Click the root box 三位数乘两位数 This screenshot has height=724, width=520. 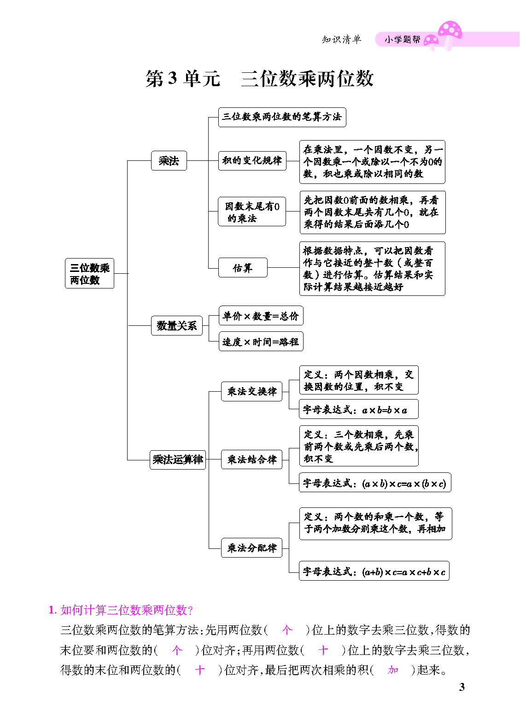89,273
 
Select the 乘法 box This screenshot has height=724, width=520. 169,161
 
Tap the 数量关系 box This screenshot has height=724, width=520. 177,325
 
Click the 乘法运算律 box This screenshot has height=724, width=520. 178,459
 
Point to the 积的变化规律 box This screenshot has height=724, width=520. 252,161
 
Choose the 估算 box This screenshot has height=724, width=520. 243,268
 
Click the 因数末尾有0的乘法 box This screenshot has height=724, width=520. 252,212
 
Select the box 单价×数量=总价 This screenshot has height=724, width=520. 261,316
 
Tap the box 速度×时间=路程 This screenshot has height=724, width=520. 261,341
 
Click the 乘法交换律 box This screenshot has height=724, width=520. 251,391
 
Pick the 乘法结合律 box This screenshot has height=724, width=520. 251,459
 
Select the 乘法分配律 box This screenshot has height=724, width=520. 251,548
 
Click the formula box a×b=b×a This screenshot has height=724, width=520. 359,409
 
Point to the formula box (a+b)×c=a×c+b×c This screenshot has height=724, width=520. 374,571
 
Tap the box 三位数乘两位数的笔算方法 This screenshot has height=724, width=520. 282,117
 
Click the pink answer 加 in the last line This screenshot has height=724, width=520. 393,670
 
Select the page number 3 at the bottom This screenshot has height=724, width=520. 462,687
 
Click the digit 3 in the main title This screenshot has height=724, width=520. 172,78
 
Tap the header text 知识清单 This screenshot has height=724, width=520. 341,40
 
